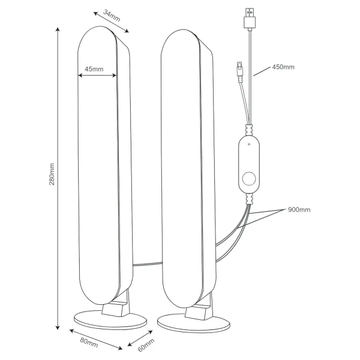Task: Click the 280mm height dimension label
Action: coord(52,174)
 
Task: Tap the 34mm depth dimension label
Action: coord(112,16)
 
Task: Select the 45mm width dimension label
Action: coord(94,69)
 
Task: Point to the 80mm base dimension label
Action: coord(89,343)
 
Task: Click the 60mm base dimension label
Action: coord(146,345)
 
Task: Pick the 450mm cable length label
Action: coord(283,67)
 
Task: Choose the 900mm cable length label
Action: coord(299,209)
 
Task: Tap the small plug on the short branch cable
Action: coord(239,68)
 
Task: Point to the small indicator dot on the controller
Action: coord(249,145)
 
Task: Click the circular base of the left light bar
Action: coord(110,320)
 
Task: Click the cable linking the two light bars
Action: coord(148,264)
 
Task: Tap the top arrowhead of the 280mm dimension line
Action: coord(58,29)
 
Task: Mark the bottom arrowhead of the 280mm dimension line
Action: coord(58,328)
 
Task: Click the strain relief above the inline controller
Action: coord(249,130)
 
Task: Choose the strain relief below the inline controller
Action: coord(249,199)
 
